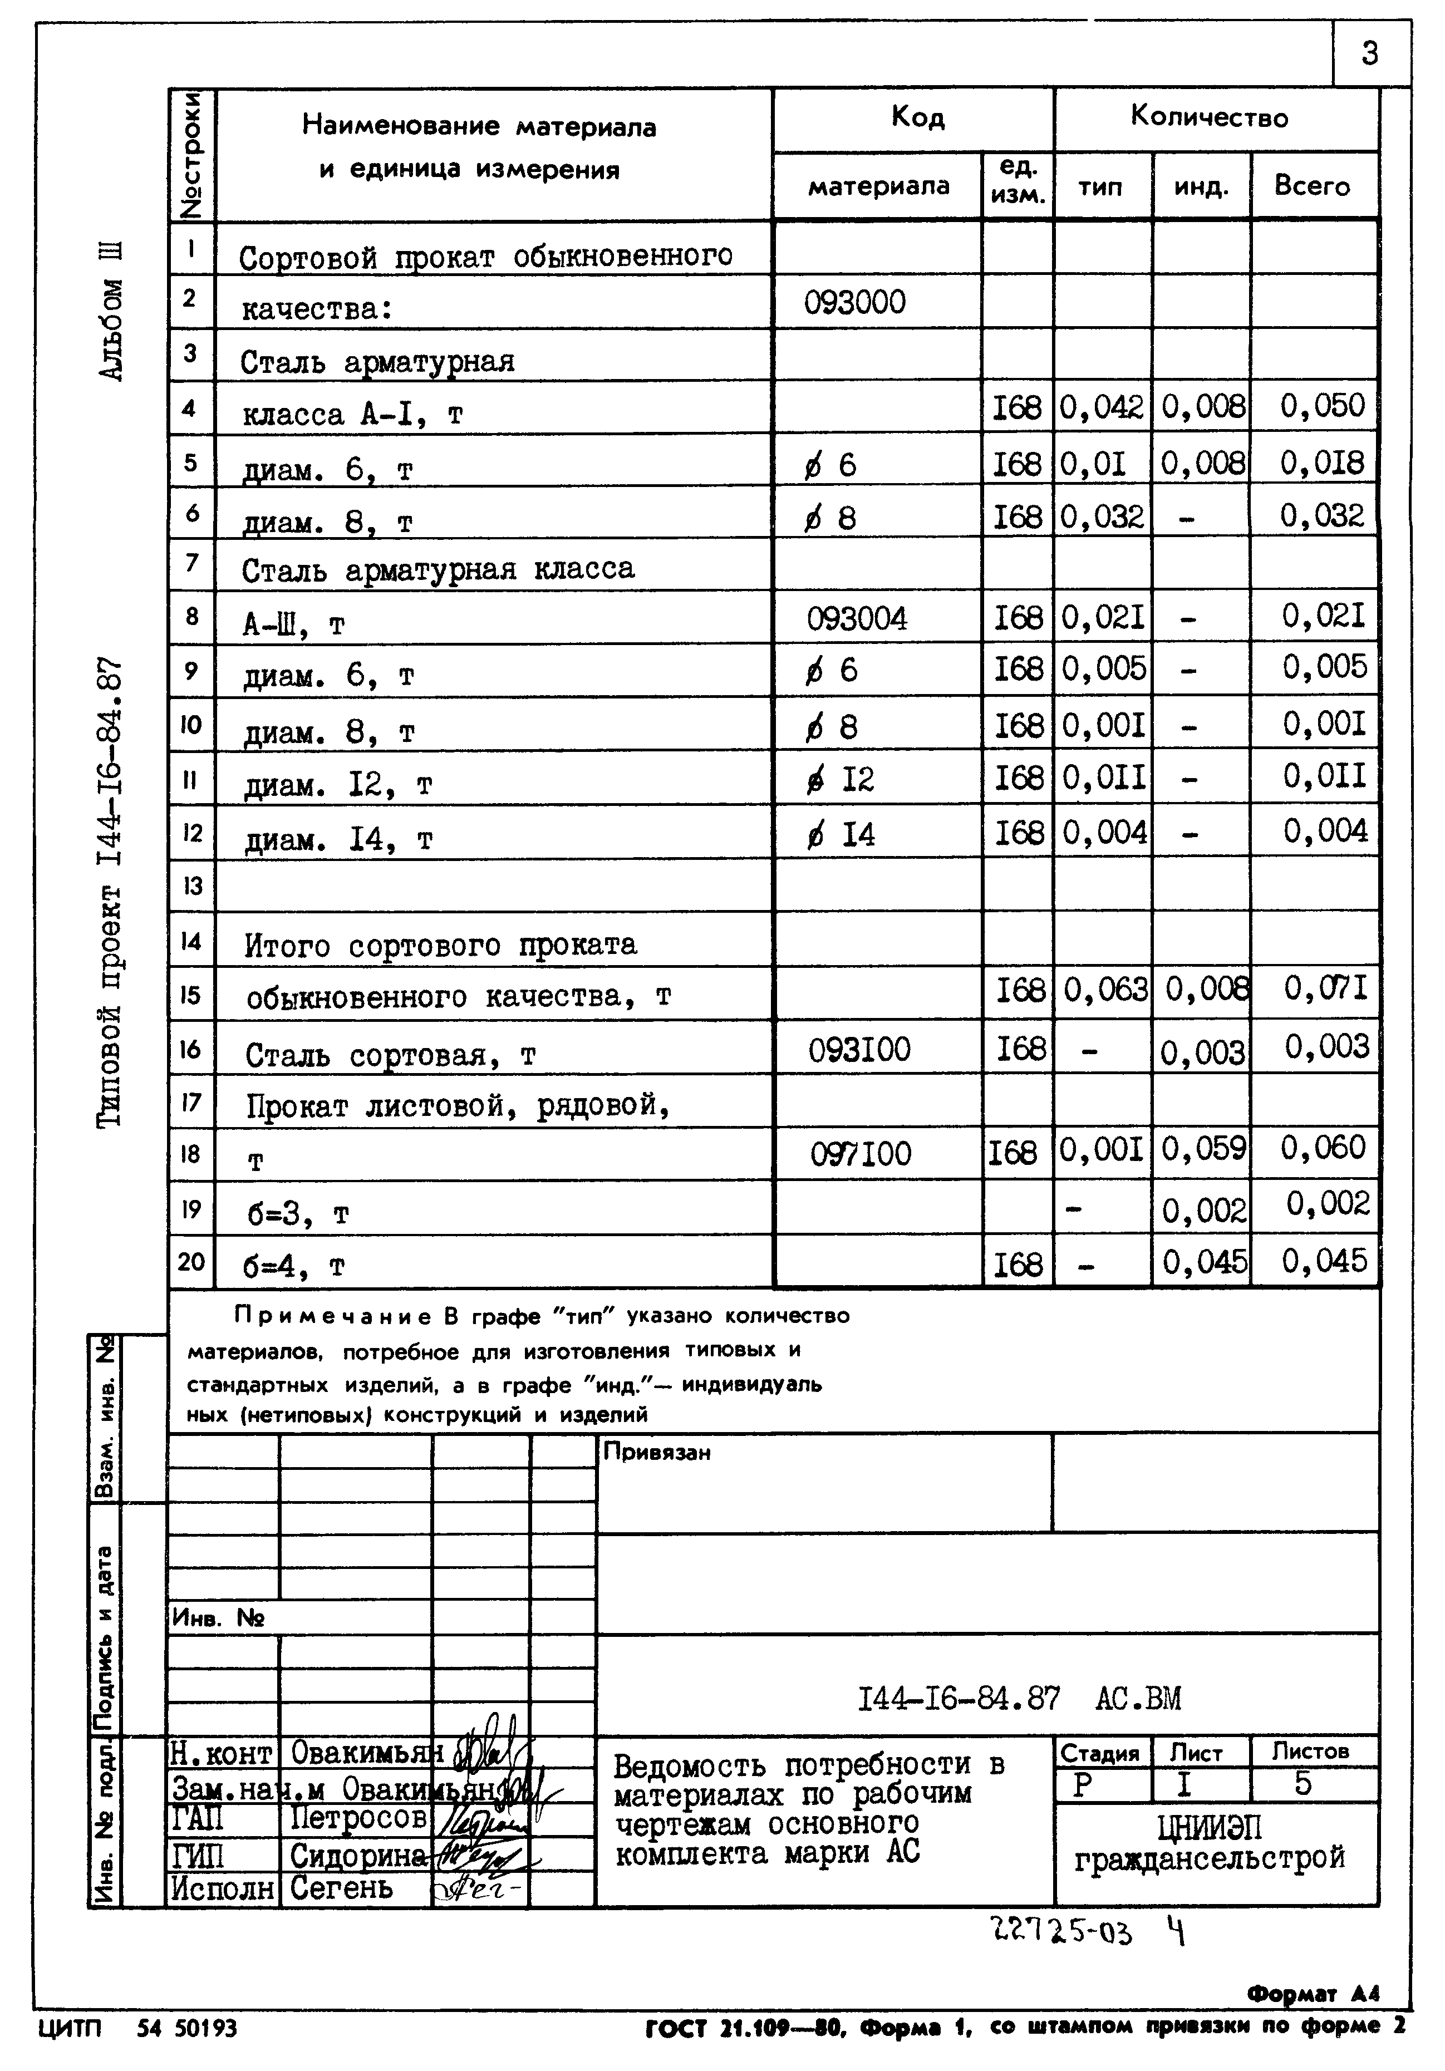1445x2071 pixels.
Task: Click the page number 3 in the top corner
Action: (x=1369, y=53)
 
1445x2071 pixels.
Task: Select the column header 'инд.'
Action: (x=1201, y=186)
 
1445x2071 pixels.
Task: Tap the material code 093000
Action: (x=854, y=302)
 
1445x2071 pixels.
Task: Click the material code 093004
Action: (x=857, y=619)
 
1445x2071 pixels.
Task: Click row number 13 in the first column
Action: (x=192, y=886)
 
